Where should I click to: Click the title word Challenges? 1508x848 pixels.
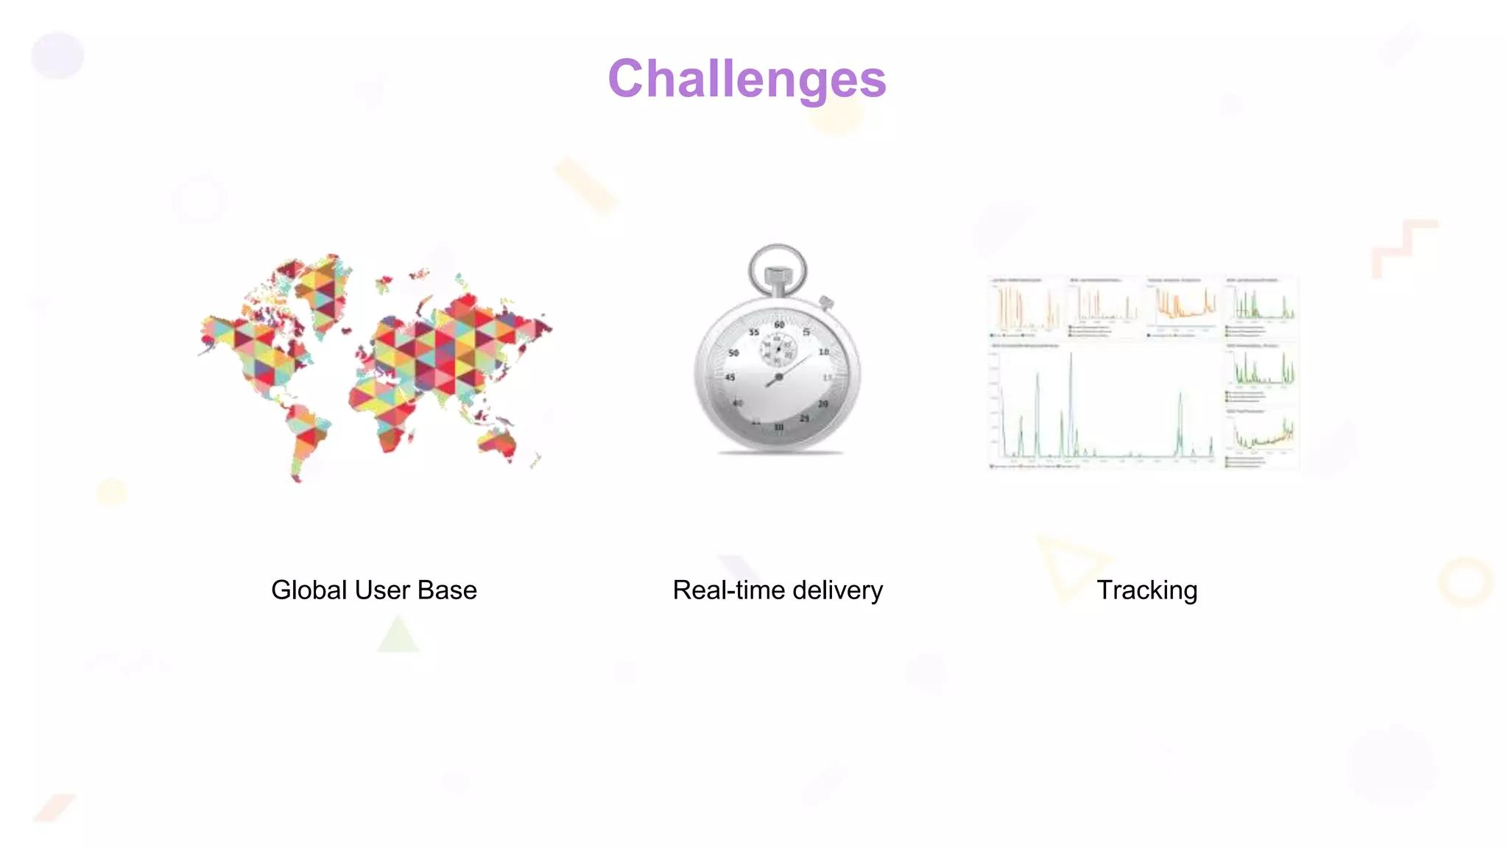pyautogui.click(x=747, y=79)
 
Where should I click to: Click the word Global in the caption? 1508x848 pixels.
pyautogui.click(x=309, y=590)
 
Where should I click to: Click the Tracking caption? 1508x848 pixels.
pyautogui.click(x=1146, y=590)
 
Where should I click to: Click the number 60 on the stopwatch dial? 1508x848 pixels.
pyautogui.click(x=779, y=325)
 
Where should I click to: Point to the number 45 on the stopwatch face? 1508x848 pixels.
pyautogui.click(x=730, y=377)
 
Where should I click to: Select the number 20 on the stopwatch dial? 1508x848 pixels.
pyautogui.click(x=823, y=404)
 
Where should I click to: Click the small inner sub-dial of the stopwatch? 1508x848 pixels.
pyautogui.click(x=778, y=348)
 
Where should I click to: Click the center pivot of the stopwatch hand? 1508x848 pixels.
pyautogui.click(x=778, y=377)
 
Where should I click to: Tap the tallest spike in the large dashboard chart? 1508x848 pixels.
pyautogui.click(x=1071, y=357)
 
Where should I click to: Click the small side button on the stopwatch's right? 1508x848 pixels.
pyautogui.click(x=827, y=303)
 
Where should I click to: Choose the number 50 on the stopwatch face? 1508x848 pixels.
pyautogui.click(x=733, y=353)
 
